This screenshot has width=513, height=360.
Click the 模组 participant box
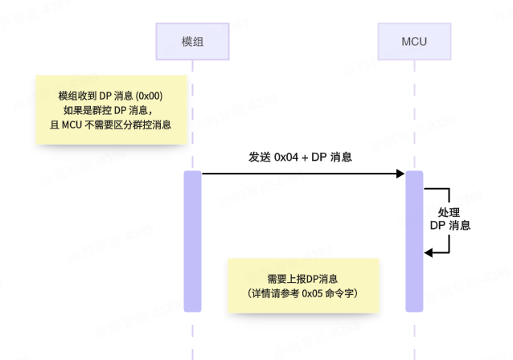tap(192, 41)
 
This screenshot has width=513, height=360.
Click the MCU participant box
tap(414, 41)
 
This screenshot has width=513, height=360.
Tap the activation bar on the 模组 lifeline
tap(192, 241)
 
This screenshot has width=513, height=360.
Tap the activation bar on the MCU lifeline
tap(414, 241)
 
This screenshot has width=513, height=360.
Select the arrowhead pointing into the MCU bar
tap(400, 173)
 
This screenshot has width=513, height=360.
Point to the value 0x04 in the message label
tap(286, 157)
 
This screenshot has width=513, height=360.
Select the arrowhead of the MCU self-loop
tap(429, 252)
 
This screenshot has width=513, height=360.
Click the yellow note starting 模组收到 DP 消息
tap(112, 110)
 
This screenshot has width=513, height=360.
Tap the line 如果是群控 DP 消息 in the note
tap(112, 110)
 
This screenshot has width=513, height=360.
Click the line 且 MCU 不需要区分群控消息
tap(112, 125)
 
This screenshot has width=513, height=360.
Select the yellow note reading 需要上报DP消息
tap(303, 287)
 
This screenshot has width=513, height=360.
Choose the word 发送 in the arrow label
tap(259, 157)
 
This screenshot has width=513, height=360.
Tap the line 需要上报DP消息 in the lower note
tap(303, 279)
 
